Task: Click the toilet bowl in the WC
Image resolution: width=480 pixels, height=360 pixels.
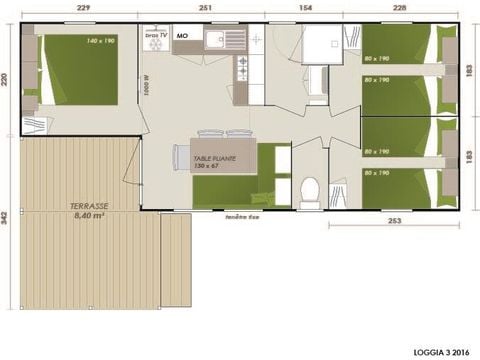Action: click(310, 188)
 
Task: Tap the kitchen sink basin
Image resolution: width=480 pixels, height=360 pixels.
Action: click(214, 39)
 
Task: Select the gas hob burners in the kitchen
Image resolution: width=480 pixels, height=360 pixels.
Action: click(241, 67)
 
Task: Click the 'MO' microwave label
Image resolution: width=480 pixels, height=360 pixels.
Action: click(182, 35)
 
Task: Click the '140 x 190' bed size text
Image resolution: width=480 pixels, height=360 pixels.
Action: click(72, 40)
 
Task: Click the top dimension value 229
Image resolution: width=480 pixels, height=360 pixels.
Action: click(83, 8)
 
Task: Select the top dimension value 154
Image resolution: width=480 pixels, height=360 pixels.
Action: click(307, 8)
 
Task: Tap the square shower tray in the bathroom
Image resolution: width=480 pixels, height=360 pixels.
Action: click(322, 43)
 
